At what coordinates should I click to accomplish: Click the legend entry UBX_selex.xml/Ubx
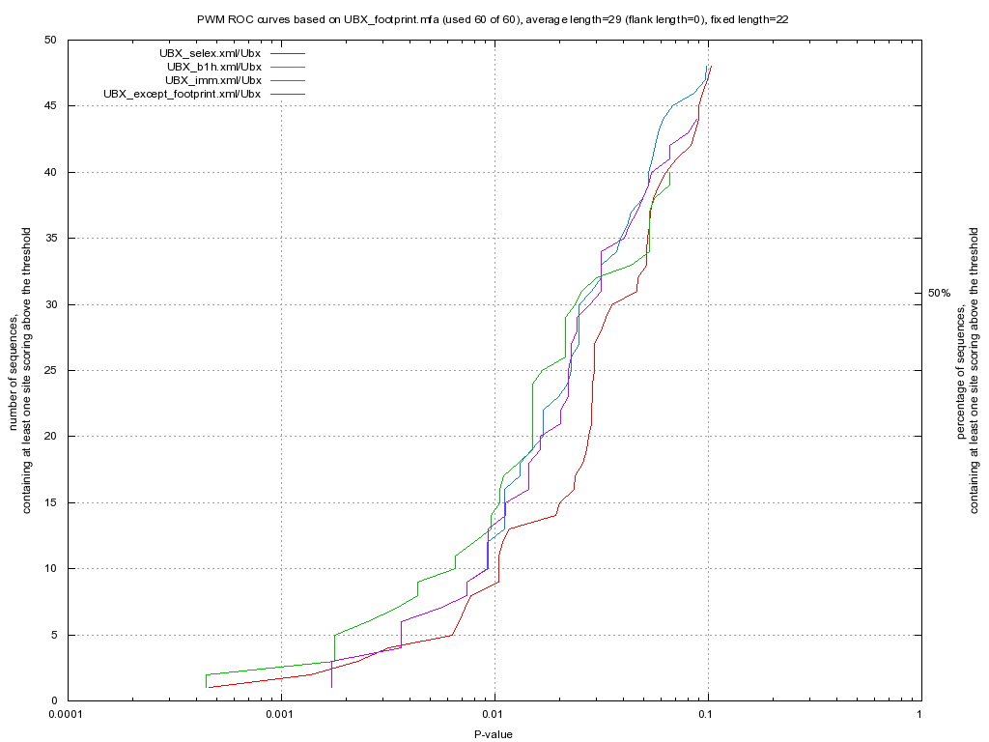pos(210,52)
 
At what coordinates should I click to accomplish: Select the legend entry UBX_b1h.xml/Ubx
pos(213,67)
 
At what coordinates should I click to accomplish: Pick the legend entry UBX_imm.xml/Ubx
pos(212,80)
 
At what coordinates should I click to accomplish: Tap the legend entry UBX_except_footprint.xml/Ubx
pos(182,94)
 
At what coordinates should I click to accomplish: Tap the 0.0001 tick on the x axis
pos(67,716)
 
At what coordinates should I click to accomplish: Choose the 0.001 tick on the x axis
pos(279,716)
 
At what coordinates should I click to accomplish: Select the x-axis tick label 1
pos(919,716)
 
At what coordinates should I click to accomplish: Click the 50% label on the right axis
pos(939,292)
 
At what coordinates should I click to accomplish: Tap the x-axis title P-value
pos(493,734)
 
